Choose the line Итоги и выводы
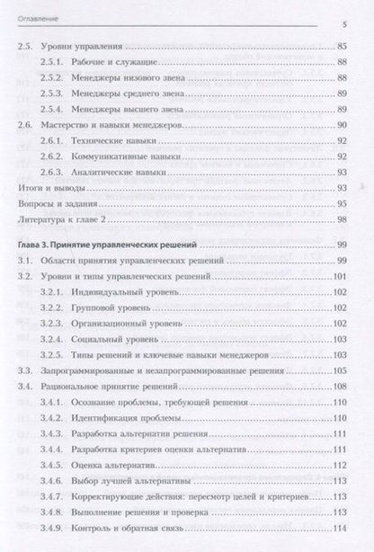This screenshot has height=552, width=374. (x=52, y=190)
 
